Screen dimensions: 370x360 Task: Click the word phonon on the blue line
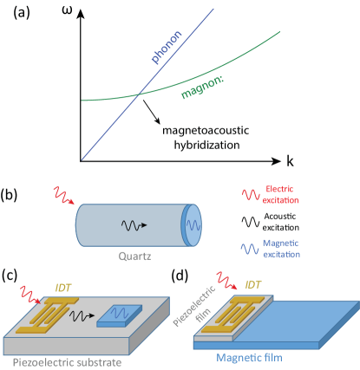(x=168, y=47)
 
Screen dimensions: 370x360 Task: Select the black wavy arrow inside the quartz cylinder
(x=132, y=225)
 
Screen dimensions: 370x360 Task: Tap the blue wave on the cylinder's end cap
(x=193, y=226)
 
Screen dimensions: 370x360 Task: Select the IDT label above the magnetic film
(x=252, y=283)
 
